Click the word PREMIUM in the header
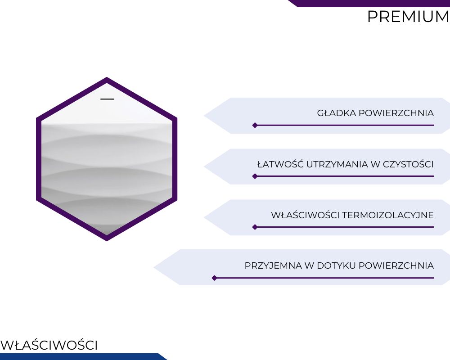[x=409, y=17]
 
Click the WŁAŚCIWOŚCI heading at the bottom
[x=49, y=345]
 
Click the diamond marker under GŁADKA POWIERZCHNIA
[x=255, y=125]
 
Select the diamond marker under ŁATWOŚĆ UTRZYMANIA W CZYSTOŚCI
[x=255, y=176]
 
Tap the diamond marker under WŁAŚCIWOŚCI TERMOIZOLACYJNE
[x=255, y=227]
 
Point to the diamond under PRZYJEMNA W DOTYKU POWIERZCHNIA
[x=214, y=278]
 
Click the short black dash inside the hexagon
[x=107, y=99]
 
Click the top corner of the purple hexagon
[x=107, y=77]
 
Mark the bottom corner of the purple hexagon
[x=107, y=241]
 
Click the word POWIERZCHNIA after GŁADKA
[x=396, y=113]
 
